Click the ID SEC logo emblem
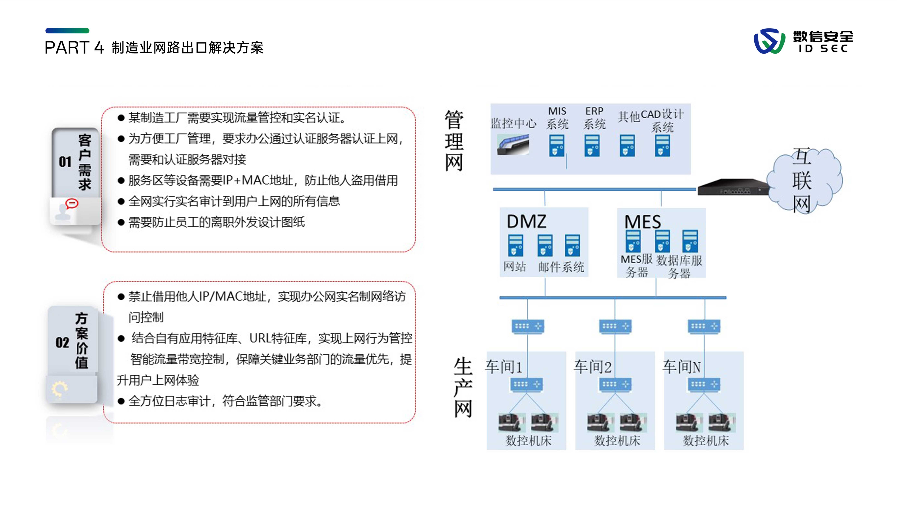pos(769,41)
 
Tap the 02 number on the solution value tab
pos(62,343)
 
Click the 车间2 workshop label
pos(593,367)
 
